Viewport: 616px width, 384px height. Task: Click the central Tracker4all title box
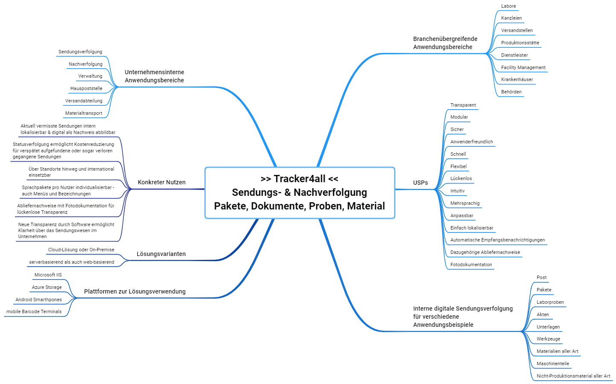300,192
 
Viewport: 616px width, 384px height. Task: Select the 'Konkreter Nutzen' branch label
161,182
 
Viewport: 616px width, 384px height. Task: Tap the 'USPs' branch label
420,183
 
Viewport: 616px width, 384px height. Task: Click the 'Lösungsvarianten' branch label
161,254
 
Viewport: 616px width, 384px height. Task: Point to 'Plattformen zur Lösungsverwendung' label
134,291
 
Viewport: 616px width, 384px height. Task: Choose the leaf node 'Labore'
508,6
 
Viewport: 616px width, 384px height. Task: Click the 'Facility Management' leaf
523,67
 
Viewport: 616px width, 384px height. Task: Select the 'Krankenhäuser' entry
517,79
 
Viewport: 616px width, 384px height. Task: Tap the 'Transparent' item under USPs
463,105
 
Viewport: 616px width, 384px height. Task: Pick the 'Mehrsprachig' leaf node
465,203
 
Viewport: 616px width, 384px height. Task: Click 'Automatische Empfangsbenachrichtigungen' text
497,240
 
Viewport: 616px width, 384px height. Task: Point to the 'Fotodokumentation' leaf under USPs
471,265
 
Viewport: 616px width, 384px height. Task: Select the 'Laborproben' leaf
550,302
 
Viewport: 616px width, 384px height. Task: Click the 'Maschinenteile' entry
552,364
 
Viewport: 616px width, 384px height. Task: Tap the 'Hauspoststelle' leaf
86,88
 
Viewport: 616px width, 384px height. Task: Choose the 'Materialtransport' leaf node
84,113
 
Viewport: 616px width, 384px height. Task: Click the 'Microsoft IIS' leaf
48,275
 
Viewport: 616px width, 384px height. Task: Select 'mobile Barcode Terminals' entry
34,311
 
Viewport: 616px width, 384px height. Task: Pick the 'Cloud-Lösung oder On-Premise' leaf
81,250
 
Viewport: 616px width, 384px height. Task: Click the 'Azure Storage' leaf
47,287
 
